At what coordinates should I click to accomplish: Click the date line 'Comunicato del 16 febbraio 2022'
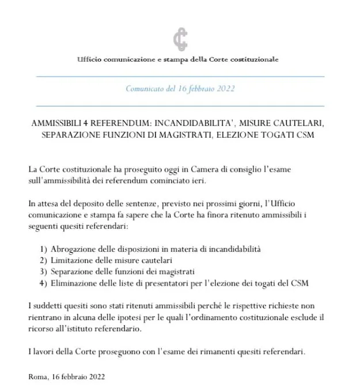click(x=180, y=89)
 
